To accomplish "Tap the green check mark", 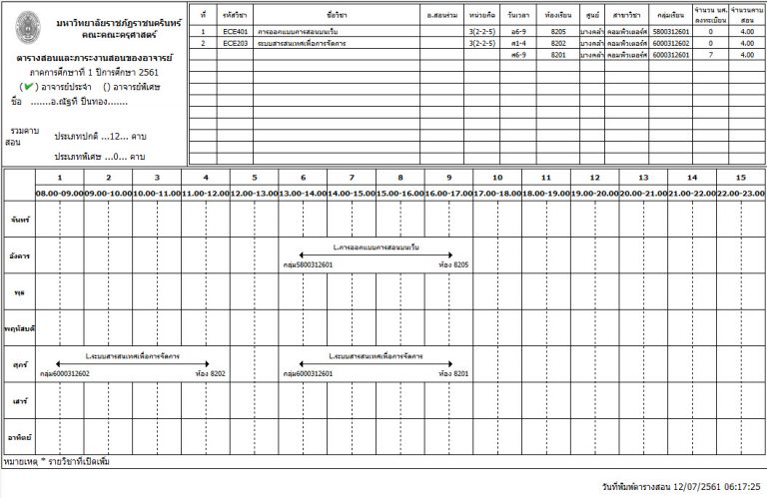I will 35,87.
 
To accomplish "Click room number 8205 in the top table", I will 558,33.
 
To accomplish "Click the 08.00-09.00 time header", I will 59,192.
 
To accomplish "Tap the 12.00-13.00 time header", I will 254,192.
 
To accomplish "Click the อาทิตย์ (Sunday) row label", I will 18,437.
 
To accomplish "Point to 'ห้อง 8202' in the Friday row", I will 212,373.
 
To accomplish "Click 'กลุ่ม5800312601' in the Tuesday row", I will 308,265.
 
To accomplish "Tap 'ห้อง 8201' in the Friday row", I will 453,373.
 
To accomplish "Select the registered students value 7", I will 710,55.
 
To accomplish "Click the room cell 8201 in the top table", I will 558,55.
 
